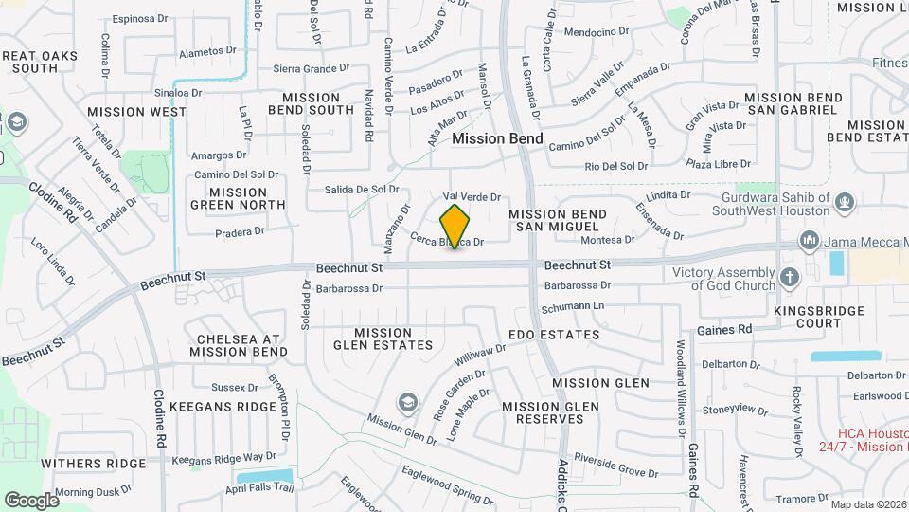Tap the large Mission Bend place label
click(497, 138)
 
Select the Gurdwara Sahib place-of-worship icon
click(845, 201)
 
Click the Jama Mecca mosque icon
click(809, 241)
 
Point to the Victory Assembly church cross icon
click(789, 279)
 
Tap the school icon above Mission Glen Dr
click(408, 403)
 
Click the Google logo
click(31, 500)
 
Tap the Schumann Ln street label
click(572, 307)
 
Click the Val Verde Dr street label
click(471, 196)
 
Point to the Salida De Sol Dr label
click(362, 189)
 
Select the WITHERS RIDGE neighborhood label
click(93, 464)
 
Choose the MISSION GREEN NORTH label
click(228, 198)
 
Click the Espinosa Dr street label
click(139, 18)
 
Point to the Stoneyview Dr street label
click(735, 409)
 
